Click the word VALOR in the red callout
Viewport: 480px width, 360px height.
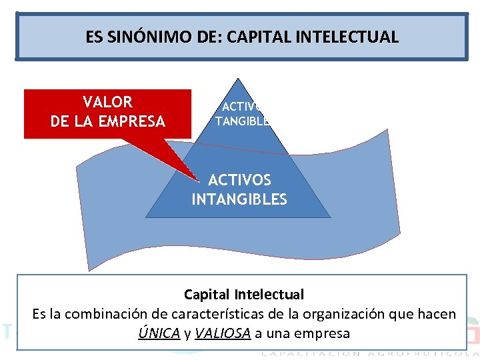coord(107,103)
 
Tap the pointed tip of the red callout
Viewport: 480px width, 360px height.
coord(198,179)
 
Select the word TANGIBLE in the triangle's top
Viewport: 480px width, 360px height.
coord(243,121)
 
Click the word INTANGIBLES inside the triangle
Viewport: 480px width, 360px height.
coord(239,199)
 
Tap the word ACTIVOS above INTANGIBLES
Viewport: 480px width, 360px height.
coord(239,180)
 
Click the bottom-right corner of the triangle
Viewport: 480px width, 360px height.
coord(330,217)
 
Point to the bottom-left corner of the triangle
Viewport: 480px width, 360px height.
coord(147,217)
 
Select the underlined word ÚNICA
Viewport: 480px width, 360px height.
coord(159,333)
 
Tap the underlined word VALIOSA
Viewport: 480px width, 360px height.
coord(223,333)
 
